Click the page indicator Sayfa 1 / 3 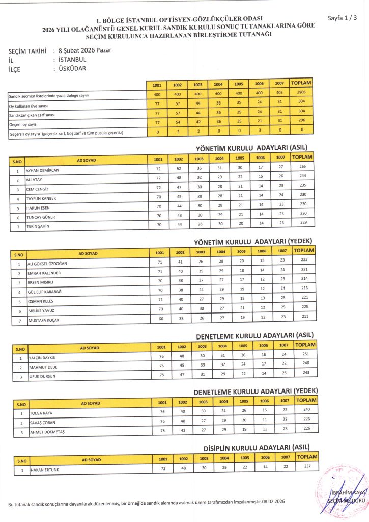click(x=342, y=18)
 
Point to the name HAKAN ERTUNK click(x=45, y=469)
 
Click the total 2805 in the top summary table click(x=301, y=92)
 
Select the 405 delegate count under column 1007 click(x=278, y=92)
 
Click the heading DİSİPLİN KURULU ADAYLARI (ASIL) click(x=261, y=448)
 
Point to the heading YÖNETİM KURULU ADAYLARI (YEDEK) click(x=253, y=241)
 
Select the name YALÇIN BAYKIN click(x=42, y=357)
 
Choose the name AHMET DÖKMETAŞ click(x=45, y=432)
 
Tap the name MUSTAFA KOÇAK click(x=44, y=320)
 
